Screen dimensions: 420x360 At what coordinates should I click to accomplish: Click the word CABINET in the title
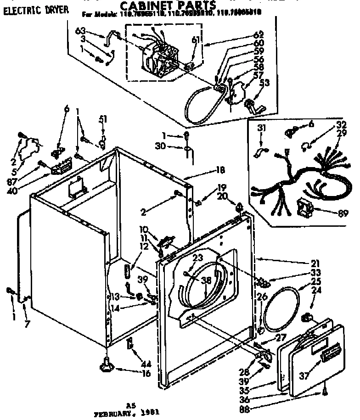[147, 6]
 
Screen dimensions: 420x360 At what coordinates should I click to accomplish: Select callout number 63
[80, 32]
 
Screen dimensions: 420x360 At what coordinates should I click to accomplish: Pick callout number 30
[173, 147]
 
